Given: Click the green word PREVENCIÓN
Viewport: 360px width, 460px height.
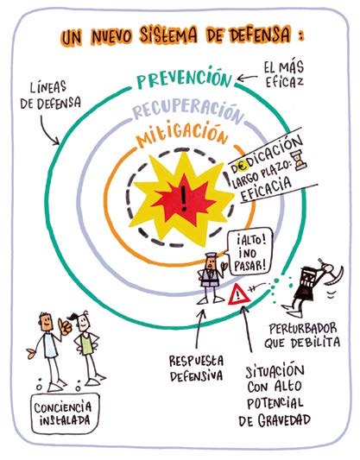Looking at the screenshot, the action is coord(184,78).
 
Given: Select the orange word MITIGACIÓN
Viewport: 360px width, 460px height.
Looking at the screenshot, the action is coord(182,134).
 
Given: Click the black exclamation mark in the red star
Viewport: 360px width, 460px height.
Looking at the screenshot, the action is coord(184,198).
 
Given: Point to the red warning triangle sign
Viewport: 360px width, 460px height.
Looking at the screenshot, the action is coord(239,294).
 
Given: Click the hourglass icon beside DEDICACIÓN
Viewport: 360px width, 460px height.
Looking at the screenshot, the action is coord(299,161).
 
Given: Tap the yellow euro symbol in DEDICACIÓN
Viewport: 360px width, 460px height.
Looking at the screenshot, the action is coord(243,167).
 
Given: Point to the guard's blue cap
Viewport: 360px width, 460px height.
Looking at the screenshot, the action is coord(211,255).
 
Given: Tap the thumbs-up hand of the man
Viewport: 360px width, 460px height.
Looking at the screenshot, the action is coord(64,326).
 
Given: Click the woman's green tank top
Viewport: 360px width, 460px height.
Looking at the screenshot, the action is coord(87,345).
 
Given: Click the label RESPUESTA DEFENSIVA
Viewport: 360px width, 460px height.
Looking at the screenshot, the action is coord(196,368).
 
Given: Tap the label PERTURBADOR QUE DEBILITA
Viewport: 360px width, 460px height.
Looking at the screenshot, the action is coord(302,336).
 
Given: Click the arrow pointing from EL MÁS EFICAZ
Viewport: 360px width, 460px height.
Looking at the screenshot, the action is coord(247,78).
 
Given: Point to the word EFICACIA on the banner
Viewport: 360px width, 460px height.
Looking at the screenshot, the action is coord(267,190).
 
